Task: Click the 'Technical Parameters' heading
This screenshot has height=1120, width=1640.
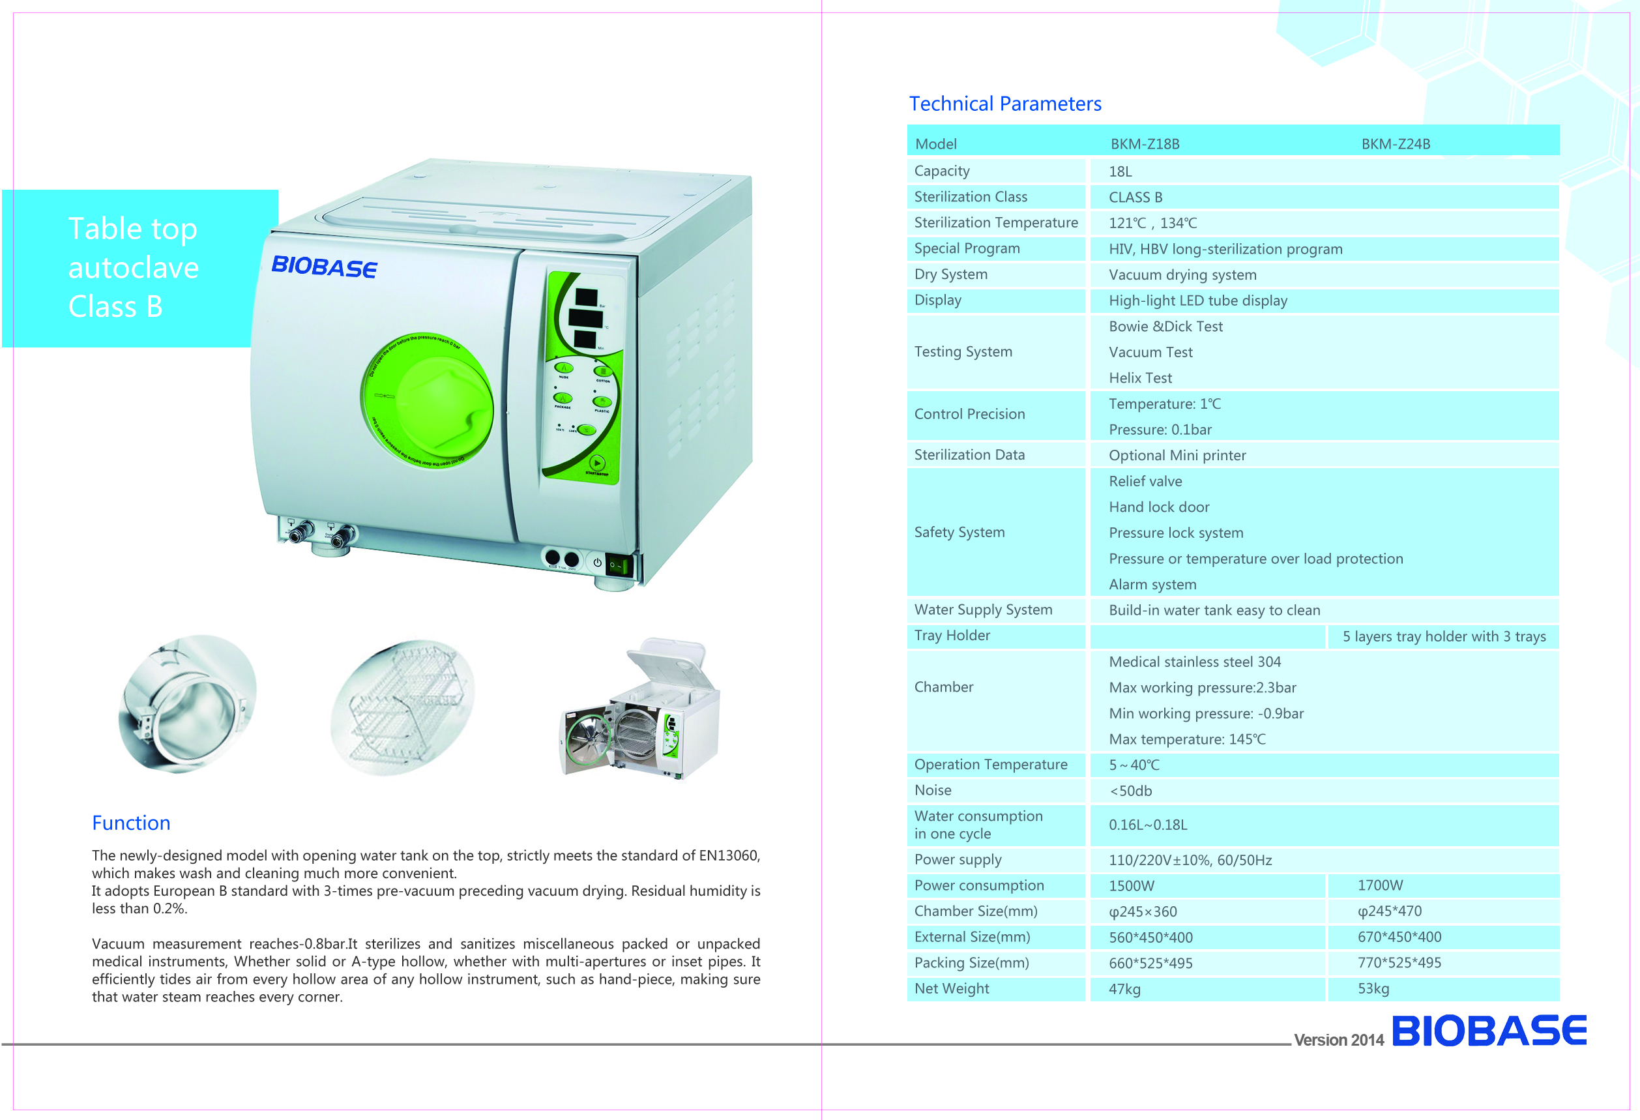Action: pos(1004,104)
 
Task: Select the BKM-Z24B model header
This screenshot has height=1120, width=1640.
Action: pos(1395,144)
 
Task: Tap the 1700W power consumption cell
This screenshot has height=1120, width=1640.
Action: pos(1380,885)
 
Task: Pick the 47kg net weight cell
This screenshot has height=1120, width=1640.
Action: pos(1124,989)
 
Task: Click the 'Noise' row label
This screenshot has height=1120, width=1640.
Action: pos(932,790)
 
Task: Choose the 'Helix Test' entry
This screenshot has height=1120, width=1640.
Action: pos(1139,378)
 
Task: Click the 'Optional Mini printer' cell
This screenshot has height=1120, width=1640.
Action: pos(1177,455)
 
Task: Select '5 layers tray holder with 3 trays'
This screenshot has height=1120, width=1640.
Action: pos(1443,636)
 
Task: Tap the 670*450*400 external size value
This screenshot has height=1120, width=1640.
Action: pos(1399,937)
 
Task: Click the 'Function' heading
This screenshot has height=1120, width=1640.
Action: pos(131,823)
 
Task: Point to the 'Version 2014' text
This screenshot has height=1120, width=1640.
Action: pos(1339,1040)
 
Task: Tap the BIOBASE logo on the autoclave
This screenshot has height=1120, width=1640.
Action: pos(325,267)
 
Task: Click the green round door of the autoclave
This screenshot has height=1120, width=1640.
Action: pos(428,401)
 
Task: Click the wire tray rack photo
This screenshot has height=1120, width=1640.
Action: pos(402,708)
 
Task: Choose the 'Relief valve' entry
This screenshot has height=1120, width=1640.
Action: pos(1145,481)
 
